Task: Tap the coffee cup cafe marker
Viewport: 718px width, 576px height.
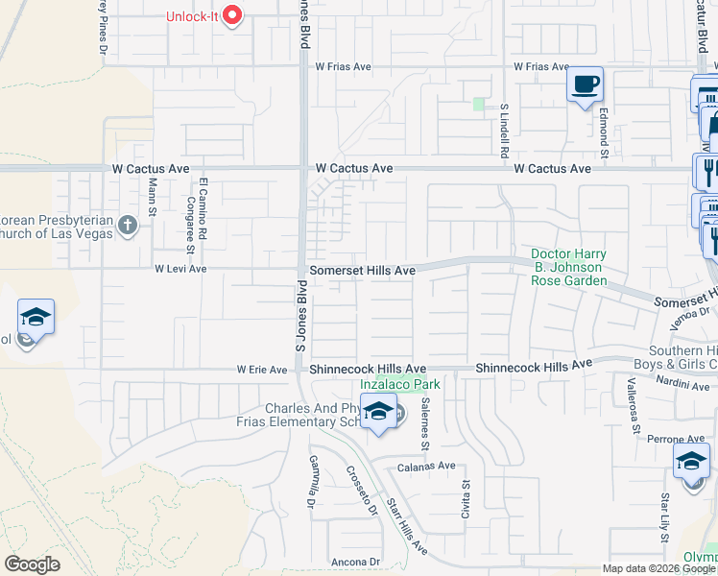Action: [585, 85]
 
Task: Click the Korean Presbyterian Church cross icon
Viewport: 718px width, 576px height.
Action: [128, 226]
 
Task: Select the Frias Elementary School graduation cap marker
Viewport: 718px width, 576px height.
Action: [379, 412]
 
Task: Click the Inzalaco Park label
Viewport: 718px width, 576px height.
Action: [399, 384]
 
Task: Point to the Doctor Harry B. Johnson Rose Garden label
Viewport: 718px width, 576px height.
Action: [569, 267]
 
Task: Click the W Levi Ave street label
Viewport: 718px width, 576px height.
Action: [180, 269]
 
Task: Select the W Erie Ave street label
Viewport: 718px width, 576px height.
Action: [262, 370]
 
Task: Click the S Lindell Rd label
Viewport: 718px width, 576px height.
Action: [504, 131]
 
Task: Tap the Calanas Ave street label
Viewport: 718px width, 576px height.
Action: [427, 466]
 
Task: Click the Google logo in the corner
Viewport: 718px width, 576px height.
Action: [32, 564]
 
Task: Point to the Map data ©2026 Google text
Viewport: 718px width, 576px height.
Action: [658, 568]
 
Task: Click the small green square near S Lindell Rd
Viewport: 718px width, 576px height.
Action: [479, 104]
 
